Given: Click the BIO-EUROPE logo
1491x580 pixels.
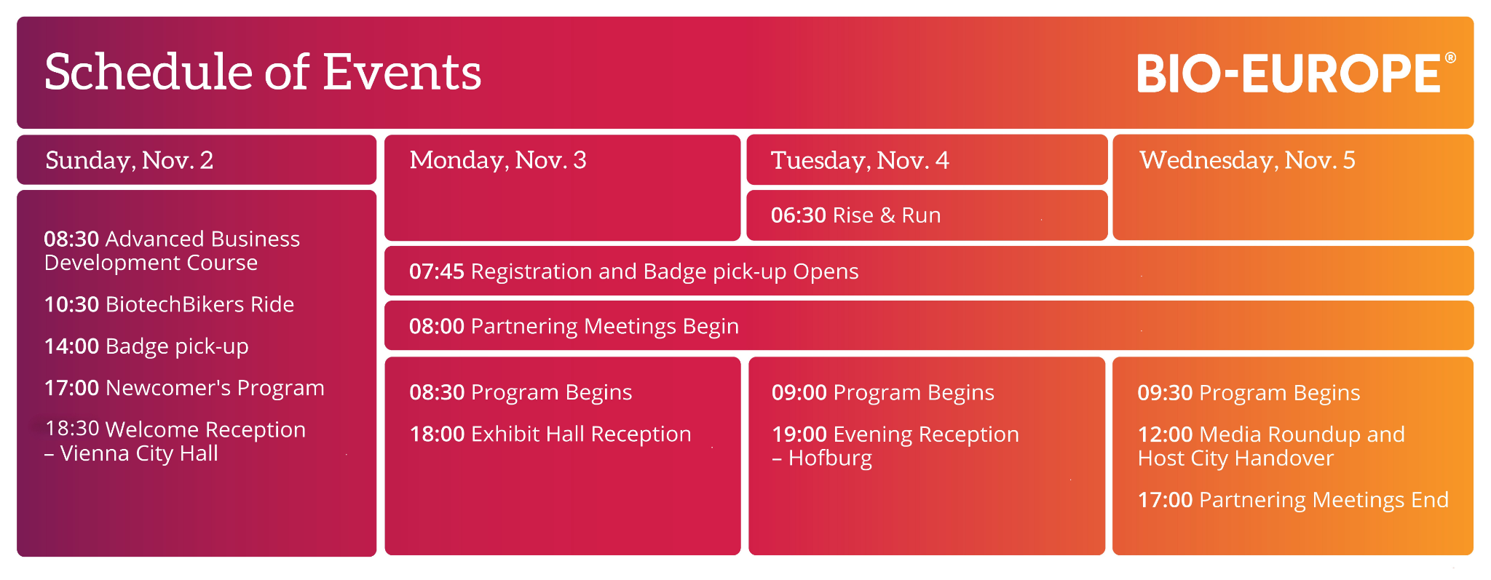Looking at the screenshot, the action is tap(1296, 73).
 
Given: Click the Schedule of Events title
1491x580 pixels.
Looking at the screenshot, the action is tap(263, 72).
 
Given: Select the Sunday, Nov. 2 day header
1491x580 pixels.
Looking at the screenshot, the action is tap(130, 160).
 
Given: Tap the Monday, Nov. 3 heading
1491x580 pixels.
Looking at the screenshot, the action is tap(498, 160).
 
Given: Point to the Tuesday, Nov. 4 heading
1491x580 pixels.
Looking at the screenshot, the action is tap(860, 160).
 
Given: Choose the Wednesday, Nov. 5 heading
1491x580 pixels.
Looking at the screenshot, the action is tap(1247, 160).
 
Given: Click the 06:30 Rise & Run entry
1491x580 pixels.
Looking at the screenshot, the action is tap(856, 215).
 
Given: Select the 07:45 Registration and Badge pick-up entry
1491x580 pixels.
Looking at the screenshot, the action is tap(634, 271).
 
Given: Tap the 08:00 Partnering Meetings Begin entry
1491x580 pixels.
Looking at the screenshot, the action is tap(574, 326).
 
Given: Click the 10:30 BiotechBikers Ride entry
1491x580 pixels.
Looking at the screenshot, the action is tap(169, 304).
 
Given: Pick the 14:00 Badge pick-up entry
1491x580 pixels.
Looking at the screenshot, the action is tap(146, 346).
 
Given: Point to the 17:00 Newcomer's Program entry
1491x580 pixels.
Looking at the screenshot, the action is tap(184, 388).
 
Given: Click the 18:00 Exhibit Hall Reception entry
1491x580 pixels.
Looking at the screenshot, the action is tap(550, 434).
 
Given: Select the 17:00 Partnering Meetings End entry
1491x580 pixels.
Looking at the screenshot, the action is tap(1293, 500).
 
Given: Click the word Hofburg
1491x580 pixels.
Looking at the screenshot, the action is tap(831, 458).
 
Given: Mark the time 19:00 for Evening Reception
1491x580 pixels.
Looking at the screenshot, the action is tap(799, 434).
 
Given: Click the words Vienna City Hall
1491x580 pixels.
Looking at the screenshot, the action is tap(139, 453).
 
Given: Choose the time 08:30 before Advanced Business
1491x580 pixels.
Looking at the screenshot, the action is tap(71, 239).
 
